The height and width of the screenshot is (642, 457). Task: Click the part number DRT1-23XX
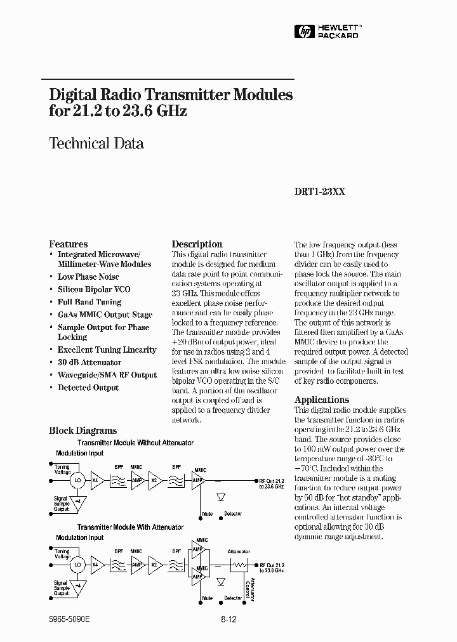pos(320,197)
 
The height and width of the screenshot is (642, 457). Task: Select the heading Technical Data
pos(96,143)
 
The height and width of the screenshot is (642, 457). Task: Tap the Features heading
pos(69,244)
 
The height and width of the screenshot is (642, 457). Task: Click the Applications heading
pos(321,400)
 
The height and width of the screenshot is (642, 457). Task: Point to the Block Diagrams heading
pos(83,431)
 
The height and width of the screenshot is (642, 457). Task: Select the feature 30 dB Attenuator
pos(89,362)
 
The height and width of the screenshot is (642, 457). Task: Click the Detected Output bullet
pos(88,388)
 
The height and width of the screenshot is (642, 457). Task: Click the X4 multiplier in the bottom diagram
pos(96,564)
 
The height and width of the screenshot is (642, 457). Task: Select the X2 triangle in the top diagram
pos(154,480)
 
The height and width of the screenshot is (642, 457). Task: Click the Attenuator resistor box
pos(240,564)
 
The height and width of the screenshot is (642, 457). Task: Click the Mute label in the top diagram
pos(207,514)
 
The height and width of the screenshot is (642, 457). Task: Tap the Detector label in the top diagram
pos(233,514)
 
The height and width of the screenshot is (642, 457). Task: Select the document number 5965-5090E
pos(70,617)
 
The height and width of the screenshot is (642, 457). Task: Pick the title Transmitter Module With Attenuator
pos(130,527)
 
